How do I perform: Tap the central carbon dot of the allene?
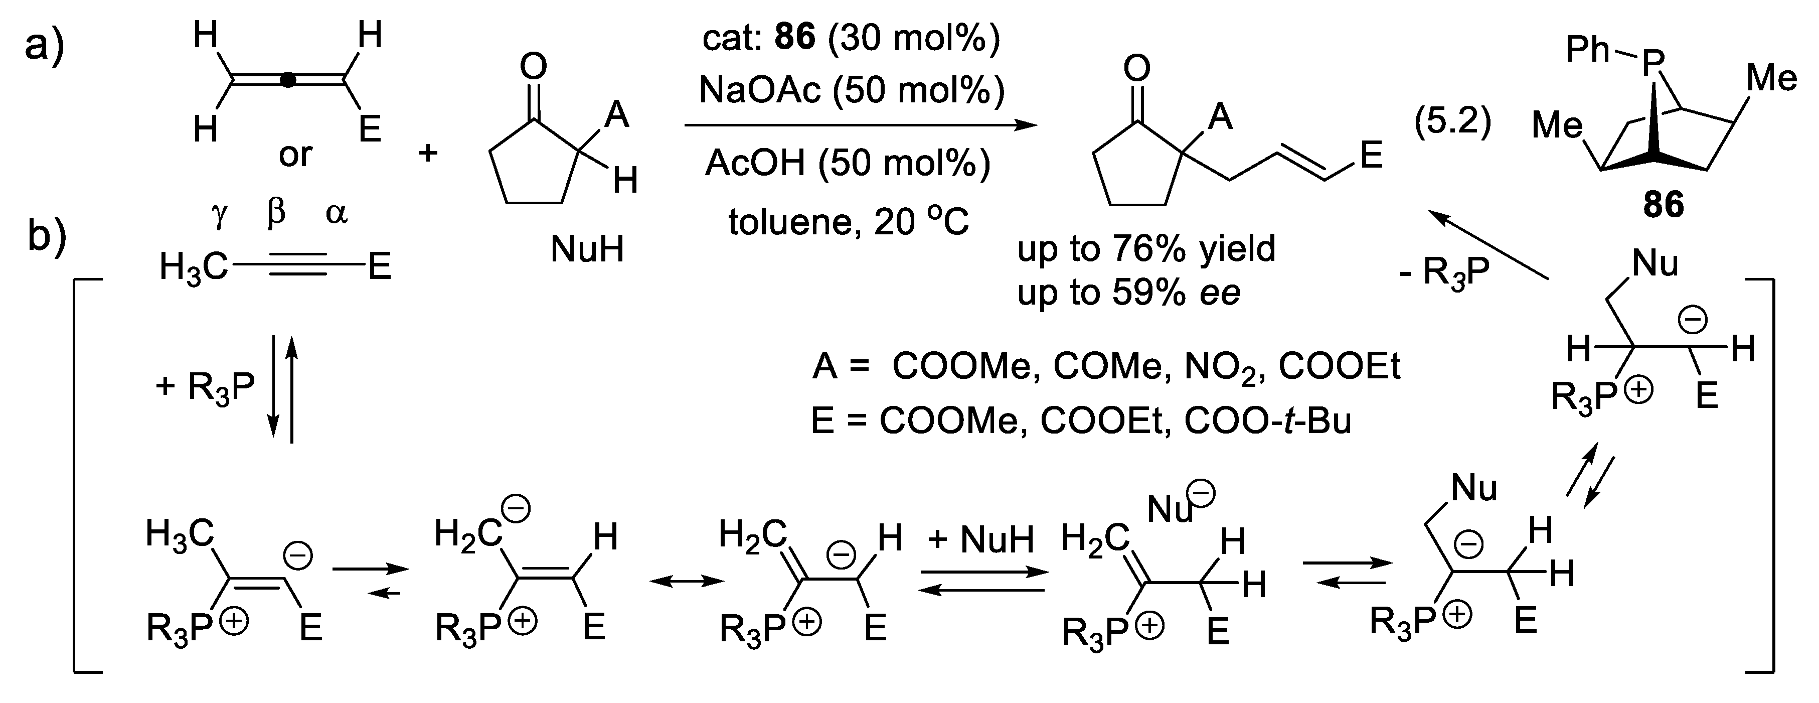coord(287,81)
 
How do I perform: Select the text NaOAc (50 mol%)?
coord(852,90)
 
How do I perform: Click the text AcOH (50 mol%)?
coord(848,163)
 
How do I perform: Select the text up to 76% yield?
coord(1146,249)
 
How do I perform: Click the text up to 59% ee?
coord(1128,293)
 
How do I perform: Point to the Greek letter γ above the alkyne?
coord(220,213)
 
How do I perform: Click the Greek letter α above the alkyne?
coord(336,213)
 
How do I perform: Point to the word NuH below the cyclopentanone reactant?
coord(587,249)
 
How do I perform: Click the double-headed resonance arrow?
coord(687,581)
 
